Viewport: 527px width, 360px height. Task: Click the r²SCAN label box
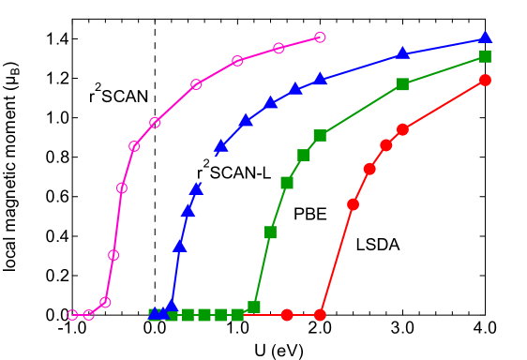[x=118, y=94]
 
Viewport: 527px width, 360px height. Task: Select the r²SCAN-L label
[x=233, y=170]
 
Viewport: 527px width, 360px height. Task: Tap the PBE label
[x=310, y=214]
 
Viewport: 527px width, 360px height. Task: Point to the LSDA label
[x=378, y=246]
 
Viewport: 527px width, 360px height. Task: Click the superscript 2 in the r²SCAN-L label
[x=206, y=163]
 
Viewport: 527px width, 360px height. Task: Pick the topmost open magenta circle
[x=320, y=37]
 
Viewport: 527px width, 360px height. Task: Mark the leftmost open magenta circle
[x=72, y=315]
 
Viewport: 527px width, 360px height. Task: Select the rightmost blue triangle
[x=485, y=37]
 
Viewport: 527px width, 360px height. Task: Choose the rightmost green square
[x=485, y=56]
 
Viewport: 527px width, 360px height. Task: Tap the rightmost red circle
[x=485, y=80]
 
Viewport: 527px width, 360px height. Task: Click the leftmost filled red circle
[x=287, y=315]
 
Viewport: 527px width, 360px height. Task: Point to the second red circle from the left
[x=320, y=315]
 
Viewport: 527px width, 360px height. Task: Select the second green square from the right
[x=402, y=84]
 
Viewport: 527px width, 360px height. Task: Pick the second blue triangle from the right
[x=402, y=53]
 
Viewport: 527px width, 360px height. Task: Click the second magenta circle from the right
[x=279, y=48]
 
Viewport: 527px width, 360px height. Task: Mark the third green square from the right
[x=320, y=136]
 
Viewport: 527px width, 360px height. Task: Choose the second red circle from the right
[x=402, y=129]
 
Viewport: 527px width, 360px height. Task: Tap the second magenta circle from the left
[x=89, y=315]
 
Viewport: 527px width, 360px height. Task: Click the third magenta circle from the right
[x=237, y=61]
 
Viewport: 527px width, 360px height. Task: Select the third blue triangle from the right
[x=320, y=81]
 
